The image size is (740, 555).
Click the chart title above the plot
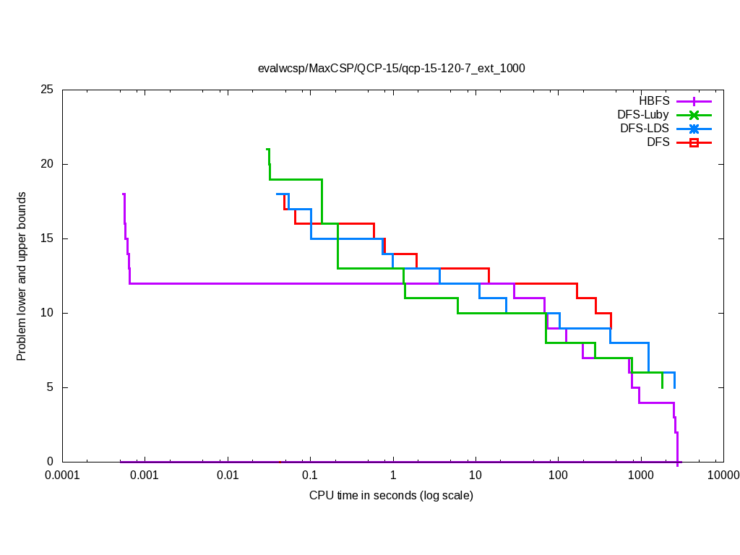click(x=391, y=69)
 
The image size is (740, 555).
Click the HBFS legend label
click(x=654, y=100)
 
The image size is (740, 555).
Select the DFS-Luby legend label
click(x=643, y=114)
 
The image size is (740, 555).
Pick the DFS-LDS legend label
click(x=645, y=128)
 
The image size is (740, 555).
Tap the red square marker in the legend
click(x=694, y=142)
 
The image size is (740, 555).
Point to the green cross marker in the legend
click(x=694, y=115)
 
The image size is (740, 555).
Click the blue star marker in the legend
click(x=694, y=129)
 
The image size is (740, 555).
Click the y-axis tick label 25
click(x=47, y=90)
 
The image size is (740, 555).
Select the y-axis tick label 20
click(x=47, y=165)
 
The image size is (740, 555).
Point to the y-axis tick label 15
click(x=47, y=239)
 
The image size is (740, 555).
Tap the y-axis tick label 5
click(x=50, y=388)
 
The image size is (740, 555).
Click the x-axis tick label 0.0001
click(x=63, y=476)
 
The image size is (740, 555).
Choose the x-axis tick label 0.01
click(x=228, y=476)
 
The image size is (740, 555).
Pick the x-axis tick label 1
click(x=392, y=476)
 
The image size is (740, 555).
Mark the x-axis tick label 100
click(x=558, y=476)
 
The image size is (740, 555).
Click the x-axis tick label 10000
click(x=723, y=476)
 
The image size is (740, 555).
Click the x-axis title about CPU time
click(x=391, y=496)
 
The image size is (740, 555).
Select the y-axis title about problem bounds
click(x=22, y=276)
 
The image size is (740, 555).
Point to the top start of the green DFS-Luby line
click(x=267, y=150)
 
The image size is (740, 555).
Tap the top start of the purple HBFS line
click(x=124, y=194)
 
